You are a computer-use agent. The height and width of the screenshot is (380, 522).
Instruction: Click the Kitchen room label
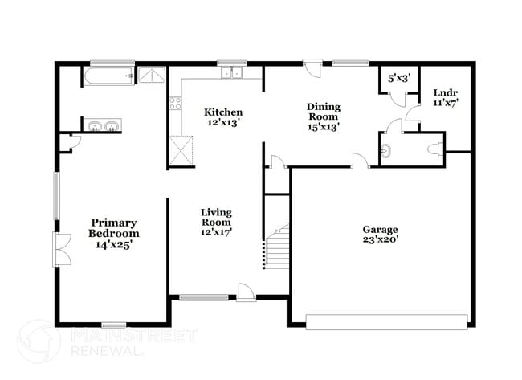point(223,112)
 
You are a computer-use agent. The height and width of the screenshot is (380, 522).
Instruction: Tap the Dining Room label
point(324,107)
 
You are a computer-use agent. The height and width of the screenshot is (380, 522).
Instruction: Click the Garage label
point(381,227)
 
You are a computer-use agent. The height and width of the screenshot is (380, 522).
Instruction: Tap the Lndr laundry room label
point(444,93)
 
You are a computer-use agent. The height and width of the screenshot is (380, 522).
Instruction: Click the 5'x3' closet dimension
point(399,78)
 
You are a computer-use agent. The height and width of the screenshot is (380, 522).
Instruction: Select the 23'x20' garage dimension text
point(381,239)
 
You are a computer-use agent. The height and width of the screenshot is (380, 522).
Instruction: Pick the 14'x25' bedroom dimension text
point(113,244)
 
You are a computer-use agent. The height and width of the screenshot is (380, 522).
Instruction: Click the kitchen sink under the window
point(232,74)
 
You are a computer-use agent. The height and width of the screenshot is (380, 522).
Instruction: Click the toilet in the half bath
point(434,149)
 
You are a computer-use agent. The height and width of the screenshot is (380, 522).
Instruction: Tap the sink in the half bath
point(386,150)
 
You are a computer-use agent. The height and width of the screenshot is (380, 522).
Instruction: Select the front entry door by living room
point(247,293)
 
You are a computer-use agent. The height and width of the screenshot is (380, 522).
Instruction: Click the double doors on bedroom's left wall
point(59,250)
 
